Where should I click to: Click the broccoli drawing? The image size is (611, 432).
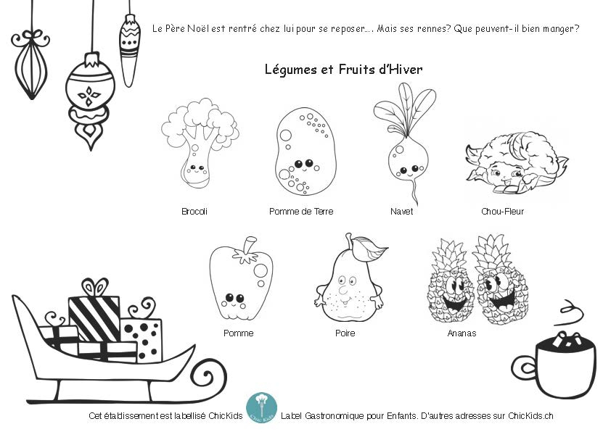point(200,143)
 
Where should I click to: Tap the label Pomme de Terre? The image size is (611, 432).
point(301,212)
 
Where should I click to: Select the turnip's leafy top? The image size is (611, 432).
point(405,109)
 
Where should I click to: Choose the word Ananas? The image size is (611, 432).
point(462,333)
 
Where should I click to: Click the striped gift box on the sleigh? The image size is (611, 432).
point(94,317)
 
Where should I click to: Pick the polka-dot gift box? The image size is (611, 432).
point(142,339)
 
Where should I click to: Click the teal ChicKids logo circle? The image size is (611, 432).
point(261,408)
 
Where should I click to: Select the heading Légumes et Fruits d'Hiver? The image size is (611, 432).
point(343,70)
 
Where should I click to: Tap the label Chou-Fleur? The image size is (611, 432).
point(502,212)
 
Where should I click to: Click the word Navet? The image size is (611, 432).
point(402,212)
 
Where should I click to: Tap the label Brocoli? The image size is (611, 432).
point(194,212)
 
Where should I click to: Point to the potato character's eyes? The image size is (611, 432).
point(304,164)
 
